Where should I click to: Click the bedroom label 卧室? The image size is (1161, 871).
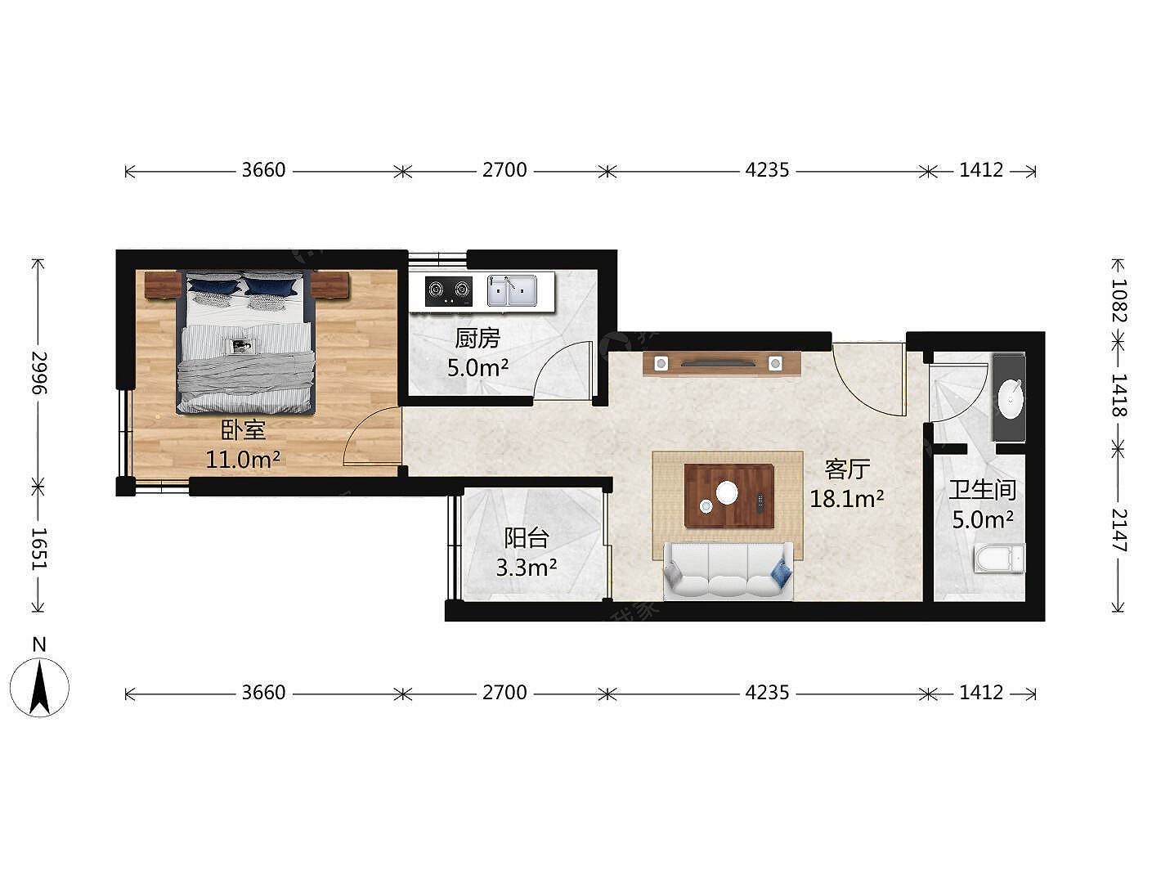click(x=243, y=430)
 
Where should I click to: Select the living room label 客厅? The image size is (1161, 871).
click(x=847, y=469)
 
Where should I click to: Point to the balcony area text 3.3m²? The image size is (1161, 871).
click(x=527, y=568)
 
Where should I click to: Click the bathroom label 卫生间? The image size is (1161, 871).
click(x=982, y=490)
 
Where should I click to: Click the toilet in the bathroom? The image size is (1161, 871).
click(x=999, y=559)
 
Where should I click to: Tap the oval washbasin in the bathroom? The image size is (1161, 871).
click(x=1011, y=399)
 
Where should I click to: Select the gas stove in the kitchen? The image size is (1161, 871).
click(x=449, y=290)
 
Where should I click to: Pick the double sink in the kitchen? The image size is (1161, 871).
click(x=512, y=290)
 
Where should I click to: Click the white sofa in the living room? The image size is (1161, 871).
click(x=728, y=571)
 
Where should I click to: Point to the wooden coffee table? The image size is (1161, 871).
click(x=729, y=496)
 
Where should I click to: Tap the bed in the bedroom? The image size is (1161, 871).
click(x=246, y=342)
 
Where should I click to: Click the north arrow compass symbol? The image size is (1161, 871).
click(x=40, y=688)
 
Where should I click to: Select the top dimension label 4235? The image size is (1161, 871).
click(x=767, y=170)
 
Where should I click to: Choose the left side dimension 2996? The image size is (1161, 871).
click(x=39, y=373)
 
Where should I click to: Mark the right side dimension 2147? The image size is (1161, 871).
click(x=1118, y=530)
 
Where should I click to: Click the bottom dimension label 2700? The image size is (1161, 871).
click(x=504, y=692)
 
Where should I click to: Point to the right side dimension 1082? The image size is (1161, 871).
click(x=1118, y=300)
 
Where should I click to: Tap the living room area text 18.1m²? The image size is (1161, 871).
click(x=847, y=499)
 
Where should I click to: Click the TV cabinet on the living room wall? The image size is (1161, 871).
click(x=721, y=363)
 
